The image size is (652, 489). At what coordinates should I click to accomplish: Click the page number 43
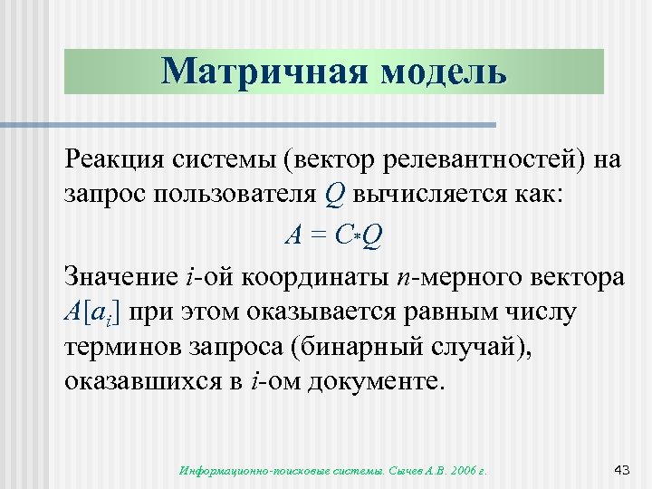tap(621, 469)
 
